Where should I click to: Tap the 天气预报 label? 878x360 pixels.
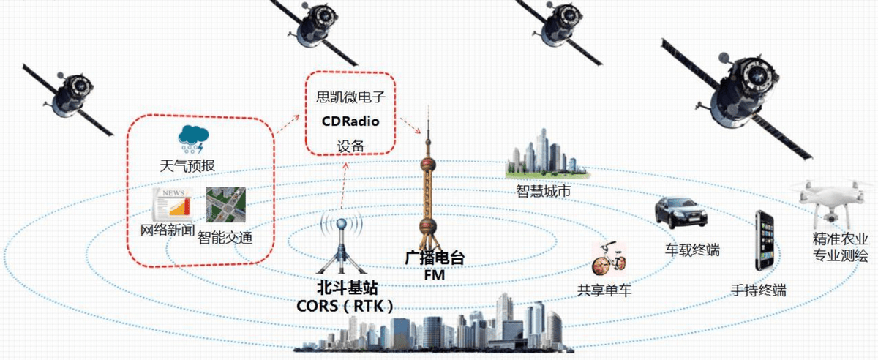[x=188, y=165]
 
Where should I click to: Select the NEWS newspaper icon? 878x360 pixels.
[x=173, y=203]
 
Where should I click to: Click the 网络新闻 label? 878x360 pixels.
[x=168, y=230]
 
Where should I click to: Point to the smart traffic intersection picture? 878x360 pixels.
[x=226, y=204]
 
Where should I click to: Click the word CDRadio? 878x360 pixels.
[x=350, y=121]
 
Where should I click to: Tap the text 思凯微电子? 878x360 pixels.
[x=350, y=97]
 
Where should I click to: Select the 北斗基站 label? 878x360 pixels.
[x=348, y=288]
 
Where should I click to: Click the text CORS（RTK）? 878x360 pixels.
[x=345, y=307]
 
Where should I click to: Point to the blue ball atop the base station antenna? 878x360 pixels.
[x=342, y=225]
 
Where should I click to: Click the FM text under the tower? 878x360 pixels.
[x=435, y=275]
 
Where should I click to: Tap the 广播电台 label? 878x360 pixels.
[x=435, y=258]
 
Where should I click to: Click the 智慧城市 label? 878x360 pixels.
[x=543, y=191]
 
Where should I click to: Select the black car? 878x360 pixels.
[x=681, y=212]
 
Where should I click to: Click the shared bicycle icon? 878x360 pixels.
[x=609, y=259]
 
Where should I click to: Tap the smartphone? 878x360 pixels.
[x=765, y=240]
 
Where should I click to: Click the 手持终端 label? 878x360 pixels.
[x=759, y=290]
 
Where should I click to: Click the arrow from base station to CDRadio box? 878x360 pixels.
[x=343, y=185]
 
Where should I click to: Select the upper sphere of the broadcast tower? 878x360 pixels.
[x=428, y=165]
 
